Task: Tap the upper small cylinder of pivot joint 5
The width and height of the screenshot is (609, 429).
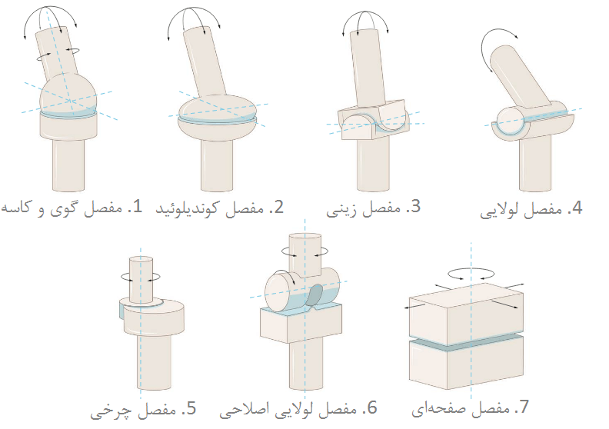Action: pos(141,281)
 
